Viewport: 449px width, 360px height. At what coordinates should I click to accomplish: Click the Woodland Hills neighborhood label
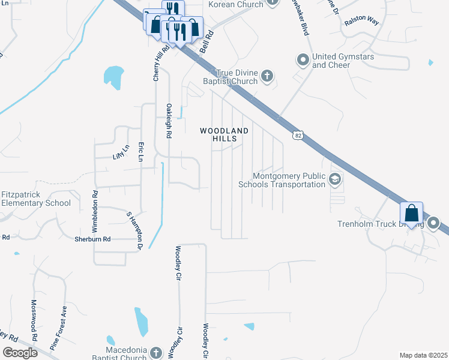[x=224, y=134]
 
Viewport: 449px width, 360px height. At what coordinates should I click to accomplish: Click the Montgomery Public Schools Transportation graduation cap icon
[x=334, y=179]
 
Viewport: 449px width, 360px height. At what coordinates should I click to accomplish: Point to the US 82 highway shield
[x=298, y=136]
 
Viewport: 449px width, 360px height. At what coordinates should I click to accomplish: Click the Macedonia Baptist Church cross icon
[x=156, y=353]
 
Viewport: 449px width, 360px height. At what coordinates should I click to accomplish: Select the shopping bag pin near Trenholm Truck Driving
[x=412, y=213]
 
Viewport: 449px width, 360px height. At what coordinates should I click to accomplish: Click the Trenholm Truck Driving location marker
[x=434, y=224]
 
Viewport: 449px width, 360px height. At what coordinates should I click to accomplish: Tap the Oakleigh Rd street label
[x=169, y=122]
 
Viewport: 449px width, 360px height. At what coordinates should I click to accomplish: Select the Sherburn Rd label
[x=92, y=239]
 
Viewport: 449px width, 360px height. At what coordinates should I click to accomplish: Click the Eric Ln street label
[x=141, y=152]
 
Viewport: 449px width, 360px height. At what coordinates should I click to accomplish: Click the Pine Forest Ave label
[x=59, y=329]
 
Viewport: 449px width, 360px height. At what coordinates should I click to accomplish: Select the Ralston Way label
[x=362, y=21]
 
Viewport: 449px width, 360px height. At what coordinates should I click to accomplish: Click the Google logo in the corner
[x=20, y=352]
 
